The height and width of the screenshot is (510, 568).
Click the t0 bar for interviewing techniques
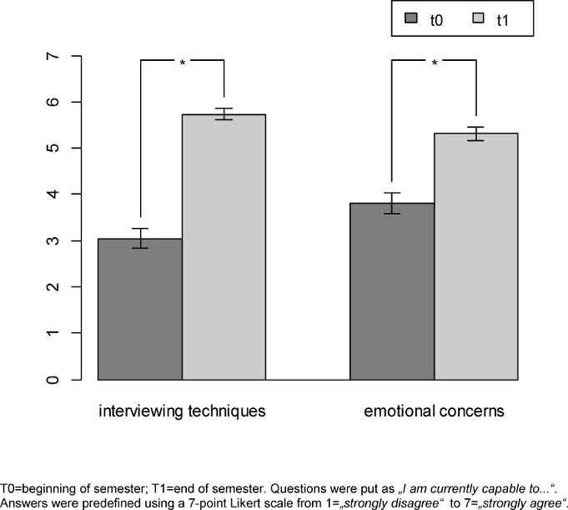pos(140,309)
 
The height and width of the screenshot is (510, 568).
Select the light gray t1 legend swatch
pos(480,18)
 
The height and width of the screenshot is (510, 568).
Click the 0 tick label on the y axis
pos(53,379)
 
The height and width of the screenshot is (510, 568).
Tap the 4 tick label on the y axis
pos(53,194)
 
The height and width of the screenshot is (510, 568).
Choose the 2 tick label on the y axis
pos(53,287)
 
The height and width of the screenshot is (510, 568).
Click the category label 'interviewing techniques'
pos(182,412)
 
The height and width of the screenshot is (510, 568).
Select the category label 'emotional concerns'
pos(434,412)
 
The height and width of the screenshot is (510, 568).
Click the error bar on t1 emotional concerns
pos(475,134)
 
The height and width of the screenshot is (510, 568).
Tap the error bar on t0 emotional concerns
pos(392,203)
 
